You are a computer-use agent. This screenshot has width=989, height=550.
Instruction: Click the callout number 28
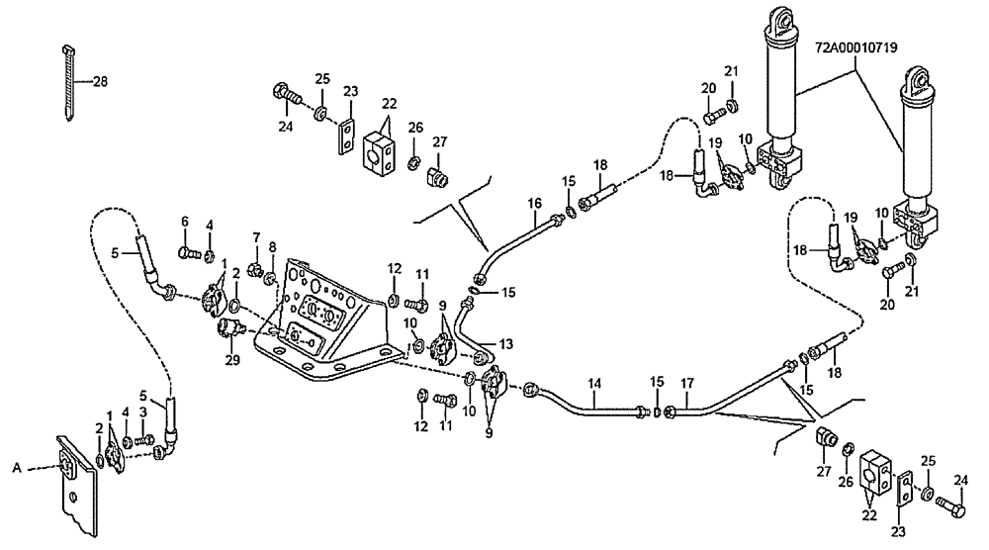(x=100, y=83)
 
